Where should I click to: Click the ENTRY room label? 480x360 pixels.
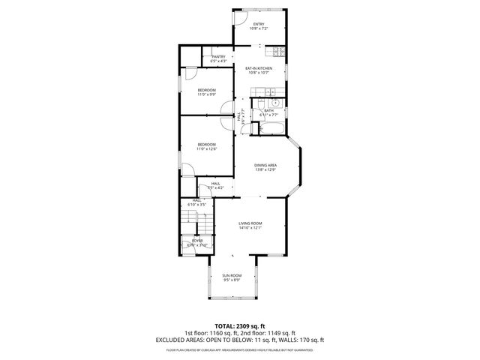click(x=258, y=25)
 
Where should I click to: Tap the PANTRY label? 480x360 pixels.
click(x=218, y=56)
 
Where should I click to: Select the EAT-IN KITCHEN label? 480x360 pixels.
click(x=258, y=69)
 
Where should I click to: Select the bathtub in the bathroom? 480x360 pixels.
click(x=271, y=128)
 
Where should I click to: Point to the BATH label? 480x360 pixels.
click(x=268, y=110)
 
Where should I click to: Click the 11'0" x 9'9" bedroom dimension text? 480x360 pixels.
click(x=206, y=94)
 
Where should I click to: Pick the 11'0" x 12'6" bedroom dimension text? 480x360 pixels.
click(x=206, y=149)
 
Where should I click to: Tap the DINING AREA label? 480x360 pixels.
click(x=265, y=165)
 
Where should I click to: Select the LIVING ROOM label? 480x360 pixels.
click(x=250, y=223)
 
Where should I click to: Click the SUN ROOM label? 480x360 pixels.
click(x=231, y=275)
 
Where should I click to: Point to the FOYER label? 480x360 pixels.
click(x=197, y=241)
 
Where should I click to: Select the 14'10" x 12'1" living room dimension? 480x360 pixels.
click(x=250, y=228)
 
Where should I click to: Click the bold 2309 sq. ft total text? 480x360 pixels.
click(x=250, y=326)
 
